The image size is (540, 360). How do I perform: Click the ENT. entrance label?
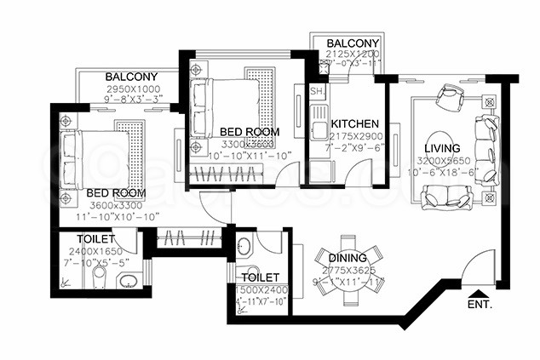[x=480, y=304]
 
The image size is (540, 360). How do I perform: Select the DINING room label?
[x=347, y=258]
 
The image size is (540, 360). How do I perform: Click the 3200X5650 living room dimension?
[x=443, y=161]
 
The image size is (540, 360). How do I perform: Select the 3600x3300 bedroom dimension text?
[x=116, y=205]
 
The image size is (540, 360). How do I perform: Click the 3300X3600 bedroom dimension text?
[x=244, y=145]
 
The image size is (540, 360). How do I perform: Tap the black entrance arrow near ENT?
[x=473, y=291]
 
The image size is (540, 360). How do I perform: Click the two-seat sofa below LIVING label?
[x=446, y=197]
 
